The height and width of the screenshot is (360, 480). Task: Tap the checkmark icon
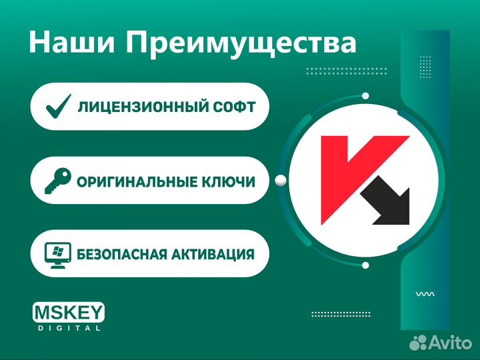pos(57,106)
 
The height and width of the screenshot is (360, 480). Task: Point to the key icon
pos(57,180)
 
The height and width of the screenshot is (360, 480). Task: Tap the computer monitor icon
pos(57,254)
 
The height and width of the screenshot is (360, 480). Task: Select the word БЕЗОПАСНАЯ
pos(124,254)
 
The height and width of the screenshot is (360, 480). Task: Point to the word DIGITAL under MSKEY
pos(68,328)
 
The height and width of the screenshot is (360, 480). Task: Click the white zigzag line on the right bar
pos(425,293)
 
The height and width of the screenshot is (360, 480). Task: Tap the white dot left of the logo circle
pos(281,179)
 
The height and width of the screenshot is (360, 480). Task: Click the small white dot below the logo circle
pos(365,265)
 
